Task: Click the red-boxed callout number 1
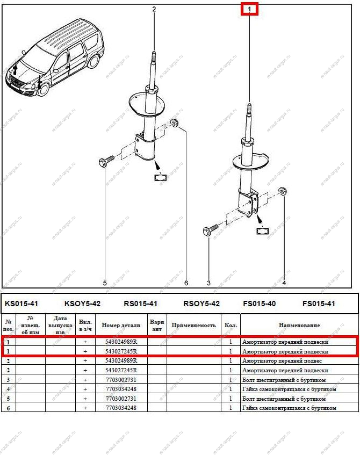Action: tap(249, 9)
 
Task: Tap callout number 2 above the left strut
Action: tap(154, 9)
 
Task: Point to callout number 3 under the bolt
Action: tap(208, 283)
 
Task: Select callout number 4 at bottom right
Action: tap(284, 283)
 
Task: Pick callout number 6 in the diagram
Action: tap(186, 283)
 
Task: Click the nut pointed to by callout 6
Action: tap(174, 123)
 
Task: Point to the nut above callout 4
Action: tap(283, 191)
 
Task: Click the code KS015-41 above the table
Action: tap(21, 304)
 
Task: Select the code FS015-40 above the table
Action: tap(259, 304)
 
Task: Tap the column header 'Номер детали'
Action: tap(121, 325)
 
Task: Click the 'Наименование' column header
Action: tap(299, 325)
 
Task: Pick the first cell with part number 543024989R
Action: tap(121, 342)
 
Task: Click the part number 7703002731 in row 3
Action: tap(121, 379)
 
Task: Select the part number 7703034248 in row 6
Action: tap(121, 408)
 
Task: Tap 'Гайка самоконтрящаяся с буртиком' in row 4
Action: tap(289, 389)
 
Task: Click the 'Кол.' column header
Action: tap(231, 325)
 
